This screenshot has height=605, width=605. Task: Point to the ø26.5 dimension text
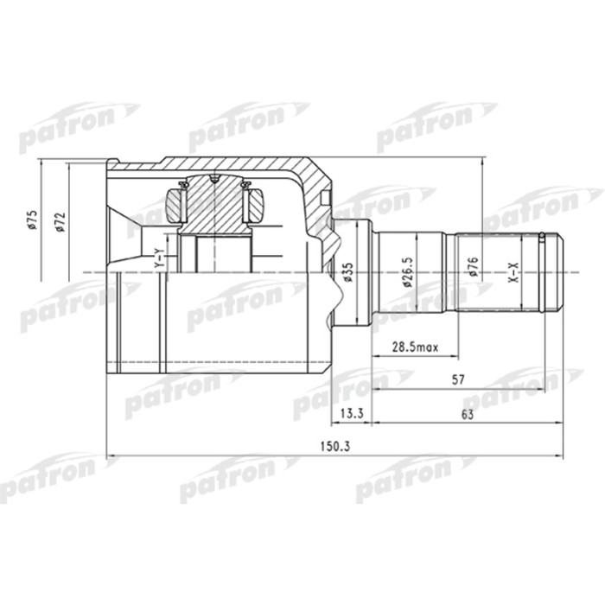(403, 271)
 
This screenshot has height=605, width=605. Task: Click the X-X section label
(514, 274)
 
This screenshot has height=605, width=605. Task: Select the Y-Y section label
(157, 258)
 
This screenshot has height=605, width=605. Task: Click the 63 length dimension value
(468, 415)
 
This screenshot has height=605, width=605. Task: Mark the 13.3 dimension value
(351, 415)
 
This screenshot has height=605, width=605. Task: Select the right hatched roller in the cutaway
(256, 207)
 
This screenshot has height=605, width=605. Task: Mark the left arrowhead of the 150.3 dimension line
(109, 456)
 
